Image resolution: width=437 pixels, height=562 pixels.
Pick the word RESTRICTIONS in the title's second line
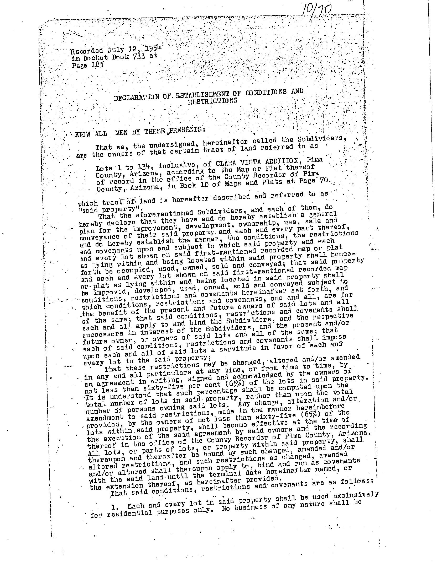coord(213,101)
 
